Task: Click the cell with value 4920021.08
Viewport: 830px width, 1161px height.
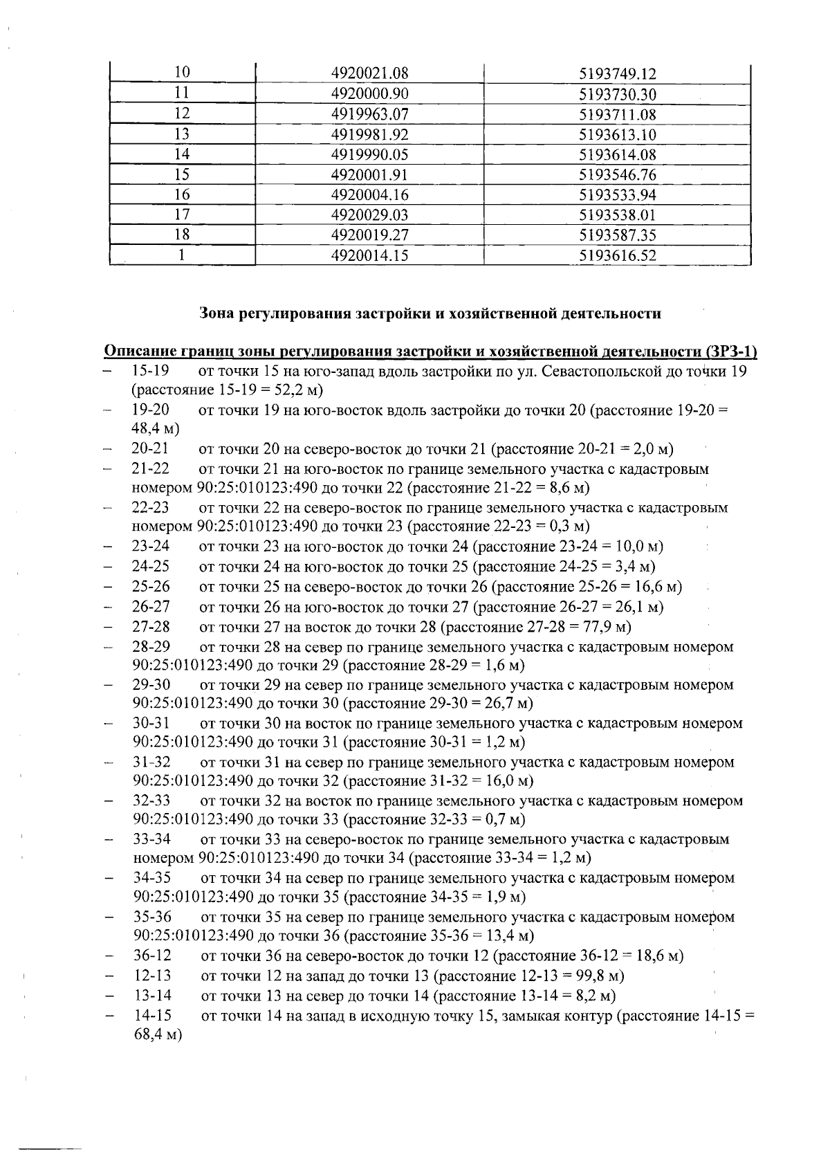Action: click(369, 73)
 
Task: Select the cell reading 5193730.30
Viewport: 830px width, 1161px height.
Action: click(617, 94)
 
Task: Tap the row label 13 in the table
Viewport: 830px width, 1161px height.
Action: click(182, 134)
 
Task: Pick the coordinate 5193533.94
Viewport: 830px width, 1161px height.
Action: click(617, 195)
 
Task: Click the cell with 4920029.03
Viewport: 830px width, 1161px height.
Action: click(369, 215)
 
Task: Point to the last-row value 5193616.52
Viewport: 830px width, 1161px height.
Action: click(617, 256)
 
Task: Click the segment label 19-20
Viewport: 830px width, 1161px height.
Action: click(150, 410)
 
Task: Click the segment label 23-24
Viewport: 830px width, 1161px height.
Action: click(150, 547)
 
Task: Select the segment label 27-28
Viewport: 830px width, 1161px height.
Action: click(150, 628)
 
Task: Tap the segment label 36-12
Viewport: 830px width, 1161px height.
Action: click(151, 956)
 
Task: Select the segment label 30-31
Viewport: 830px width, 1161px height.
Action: click(151, 724)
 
